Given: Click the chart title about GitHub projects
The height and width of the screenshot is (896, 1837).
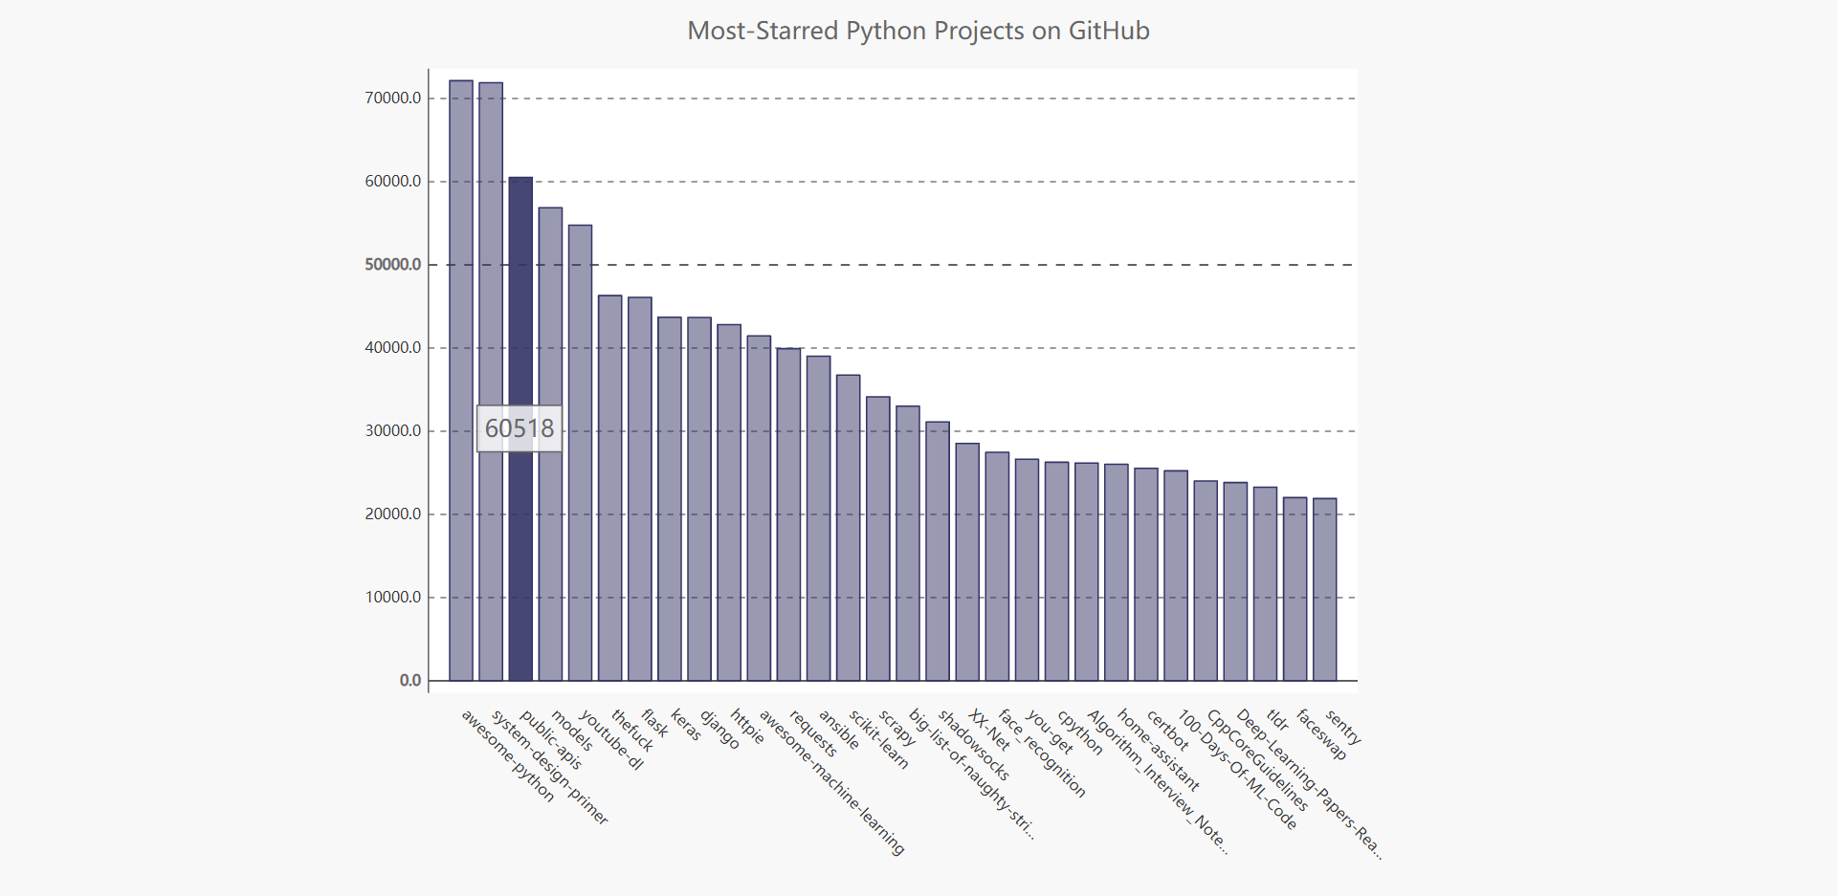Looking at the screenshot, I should pos(918,32).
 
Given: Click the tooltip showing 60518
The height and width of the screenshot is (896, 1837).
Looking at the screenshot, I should pos(520,428).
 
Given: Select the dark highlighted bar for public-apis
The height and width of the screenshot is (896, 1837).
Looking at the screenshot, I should pos(520,287).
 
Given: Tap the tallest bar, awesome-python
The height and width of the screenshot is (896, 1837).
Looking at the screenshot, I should pos(461,382).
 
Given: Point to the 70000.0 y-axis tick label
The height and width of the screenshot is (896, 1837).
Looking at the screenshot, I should pos(392,98).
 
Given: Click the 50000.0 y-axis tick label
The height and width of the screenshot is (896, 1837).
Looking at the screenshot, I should pos(392,265).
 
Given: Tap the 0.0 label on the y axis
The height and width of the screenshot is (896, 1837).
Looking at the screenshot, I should pos(409,681).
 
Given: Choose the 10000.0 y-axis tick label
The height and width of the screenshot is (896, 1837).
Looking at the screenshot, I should pos(392,598).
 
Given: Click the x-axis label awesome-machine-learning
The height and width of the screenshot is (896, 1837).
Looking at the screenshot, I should pos(830,782).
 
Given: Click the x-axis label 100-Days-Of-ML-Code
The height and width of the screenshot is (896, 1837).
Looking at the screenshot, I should pos(1236,770).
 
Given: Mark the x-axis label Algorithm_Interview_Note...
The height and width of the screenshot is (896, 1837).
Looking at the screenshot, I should pos(1157,782).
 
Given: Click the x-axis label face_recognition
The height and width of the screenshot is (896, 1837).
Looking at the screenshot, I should pos(1042,754).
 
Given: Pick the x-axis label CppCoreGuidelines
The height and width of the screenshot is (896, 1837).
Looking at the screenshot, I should pos(1257,760).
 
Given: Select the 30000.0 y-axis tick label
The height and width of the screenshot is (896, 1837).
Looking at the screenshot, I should pos(392,431).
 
